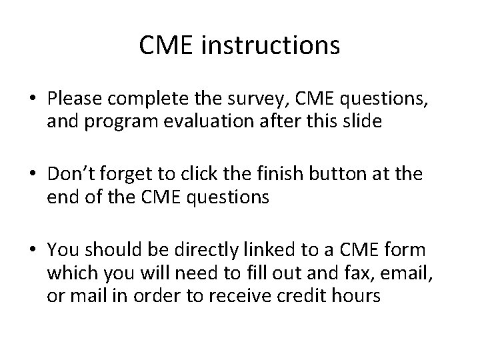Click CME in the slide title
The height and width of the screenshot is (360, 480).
click(167, 45)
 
